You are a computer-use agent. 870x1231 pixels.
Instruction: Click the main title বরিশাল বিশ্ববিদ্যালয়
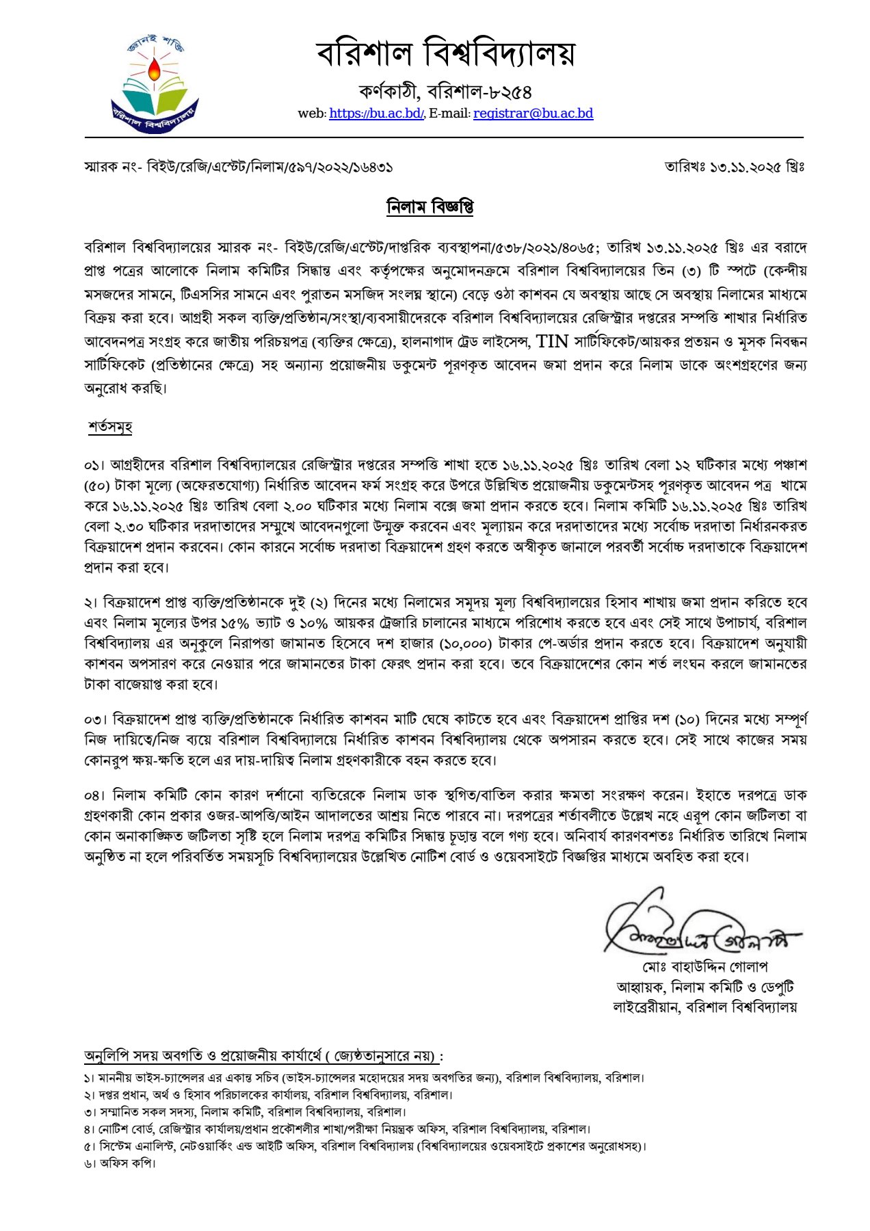[445, 53]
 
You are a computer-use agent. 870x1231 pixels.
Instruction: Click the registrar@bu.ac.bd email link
[533, 114]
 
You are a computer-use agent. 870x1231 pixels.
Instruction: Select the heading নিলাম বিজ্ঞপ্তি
[430, 207]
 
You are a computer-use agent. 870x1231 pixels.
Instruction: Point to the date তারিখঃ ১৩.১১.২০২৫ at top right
[734, 167]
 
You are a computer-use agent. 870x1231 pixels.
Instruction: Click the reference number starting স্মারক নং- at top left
[238, 167]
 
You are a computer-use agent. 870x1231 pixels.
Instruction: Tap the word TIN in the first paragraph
[552, 341]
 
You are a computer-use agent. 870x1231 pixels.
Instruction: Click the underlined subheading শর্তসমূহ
[109, 427]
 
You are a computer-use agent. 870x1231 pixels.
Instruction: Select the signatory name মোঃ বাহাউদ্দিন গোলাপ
[705, 968]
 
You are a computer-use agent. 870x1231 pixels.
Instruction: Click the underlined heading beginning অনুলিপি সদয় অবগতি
[263, 1056]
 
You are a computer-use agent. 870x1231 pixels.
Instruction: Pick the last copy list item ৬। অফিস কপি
[120, 1163]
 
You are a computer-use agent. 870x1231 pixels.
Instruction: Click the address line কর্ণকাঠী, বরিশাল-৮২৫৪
[445, 92]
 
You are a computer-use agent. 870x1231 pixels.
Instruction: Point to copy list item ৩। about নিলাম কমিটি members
[245, 1112]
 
